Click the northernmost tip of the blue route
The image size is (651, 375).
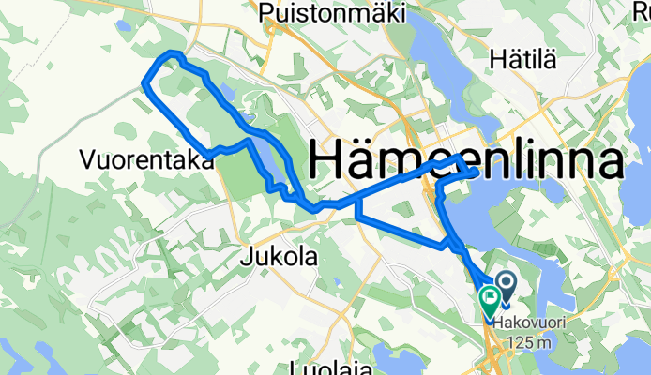(171, 54)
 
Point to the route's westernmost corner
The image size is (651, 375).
(144, 85)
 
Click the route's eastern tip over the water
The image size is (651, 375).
(477, 172)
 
